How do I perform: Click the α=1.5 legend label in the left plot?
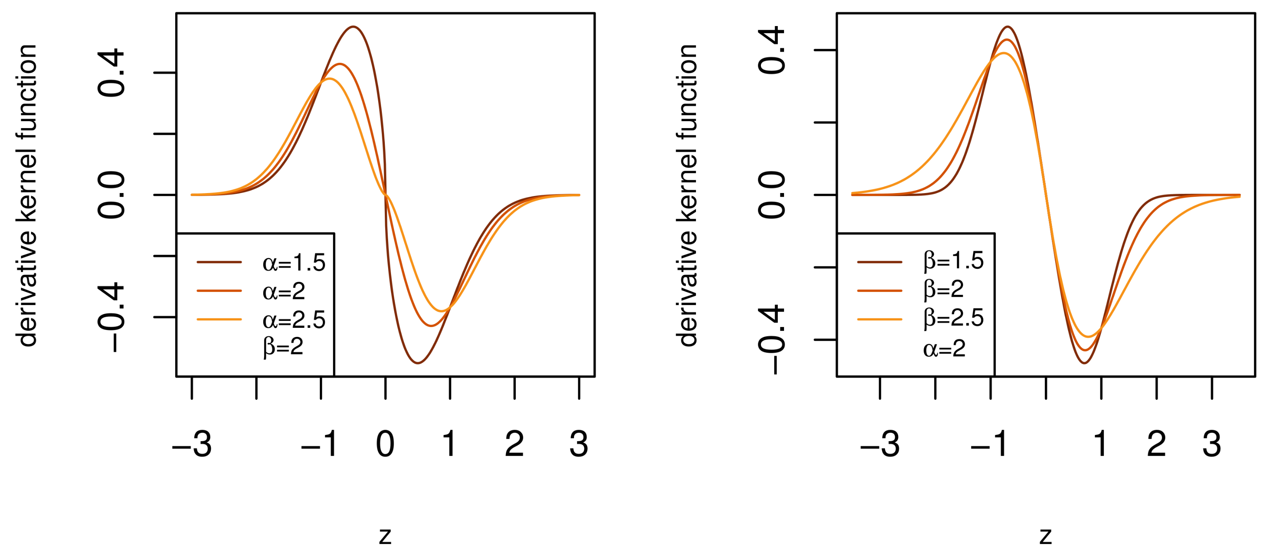coord(294,263)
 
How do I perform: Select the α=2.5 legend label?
coord(294,320)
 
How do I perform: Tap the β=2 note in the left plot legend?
coord(283,347)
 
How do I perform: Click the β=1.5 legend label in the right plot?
coord(954,261)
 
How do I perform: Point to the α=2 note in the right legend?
coord(944,349)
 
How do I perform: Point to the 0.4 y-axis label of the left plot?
coord(111,73)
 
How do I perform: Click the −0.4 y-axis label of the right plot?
coord(772,339)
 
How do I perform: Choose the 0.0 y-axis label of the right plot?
coord(772,195)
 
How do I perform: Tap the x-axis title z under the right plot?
coord(1045,535)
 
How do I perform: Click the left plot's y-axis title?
coord(27,195)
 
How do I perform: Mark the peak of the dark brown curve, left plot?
coord(353,27)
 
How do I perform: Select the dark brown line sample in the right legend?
coord(880,262)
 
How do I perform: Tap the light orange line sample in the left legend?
coord(219,320)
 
